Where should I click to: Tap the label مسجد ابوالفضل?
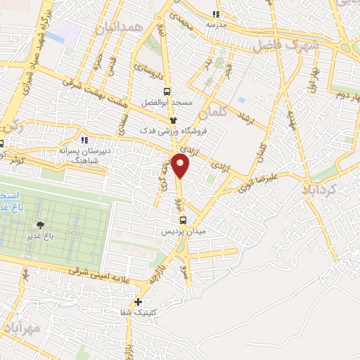click(x=167, y=103)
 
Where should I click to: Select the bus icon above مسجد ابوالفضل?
click(x=167, y=91)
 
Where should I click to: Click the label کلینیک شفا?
click(x=138, y=314)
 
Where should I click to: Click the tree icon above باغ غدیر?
click(x=41, y=225)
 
